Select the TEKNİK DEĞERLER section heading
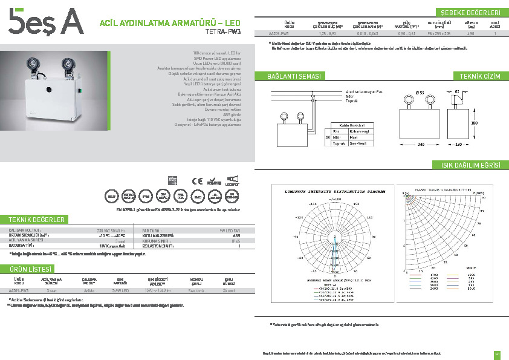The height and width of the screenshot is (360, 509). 36,219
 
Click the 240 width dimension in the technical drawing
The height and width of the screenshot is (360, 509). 420,145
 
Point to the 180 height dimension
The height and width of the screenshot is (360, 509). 475,122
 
